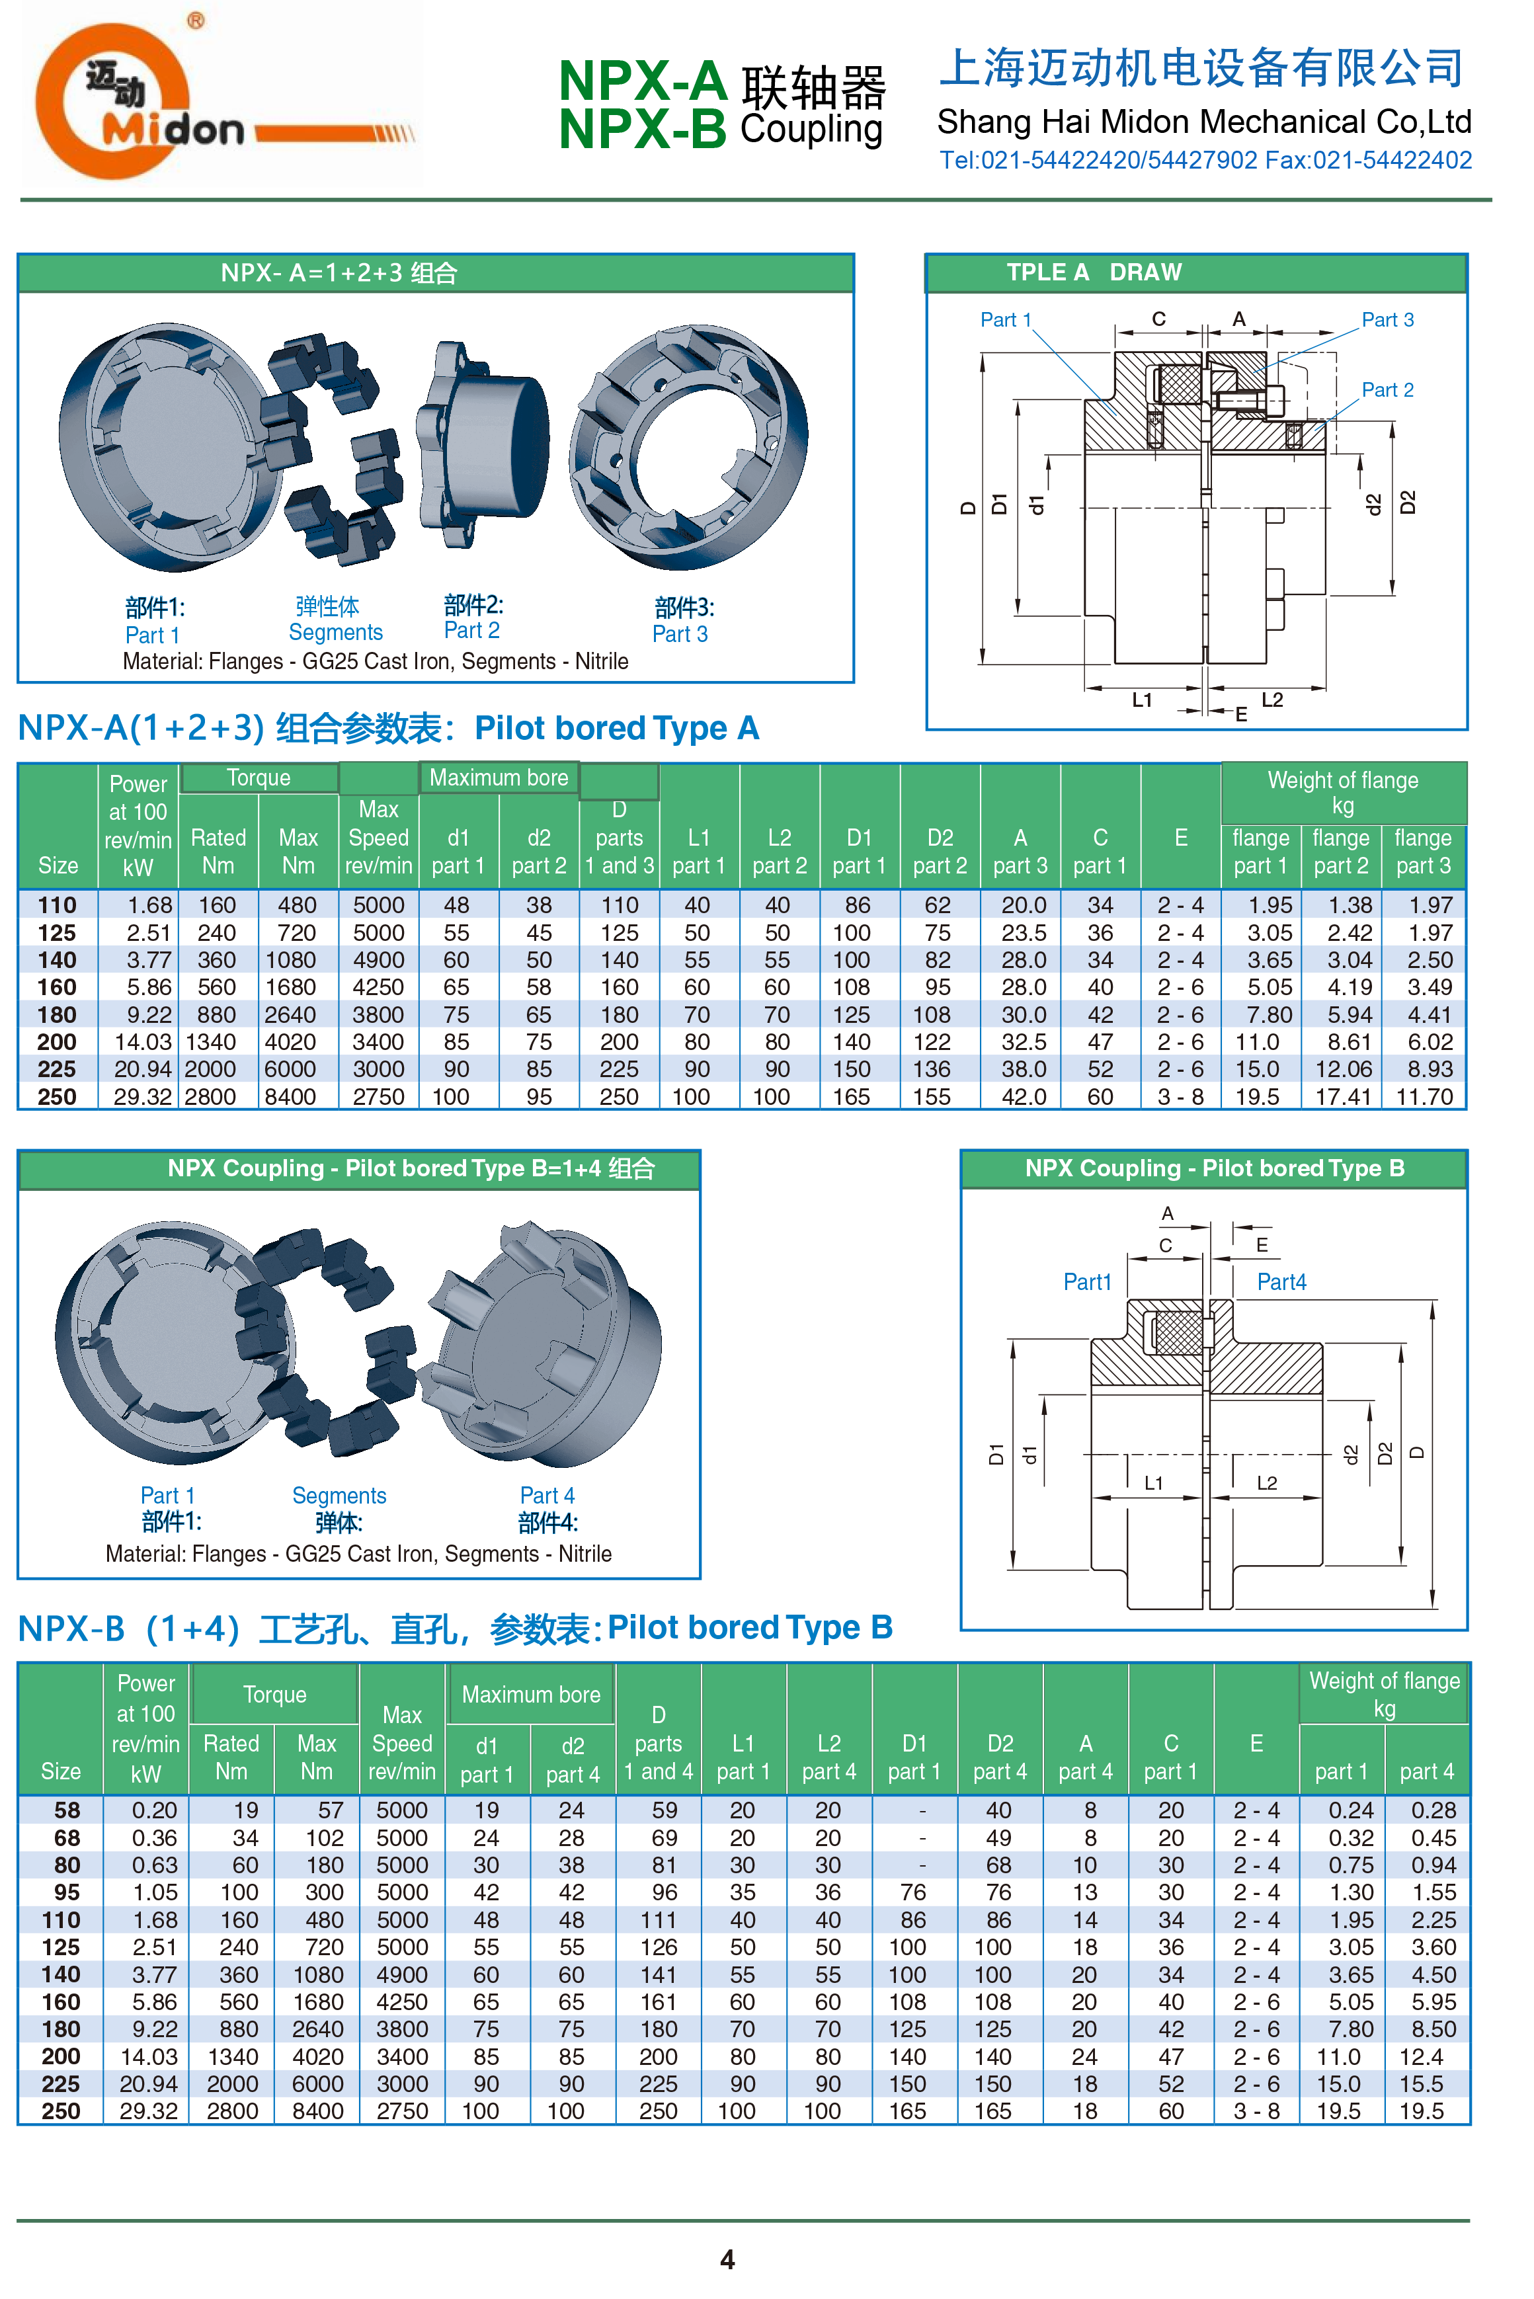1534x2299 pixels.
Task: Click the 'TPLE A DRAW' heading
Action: point(1094,273)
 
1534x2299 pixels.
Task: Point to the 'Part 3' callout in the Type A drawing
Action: point(1387,320)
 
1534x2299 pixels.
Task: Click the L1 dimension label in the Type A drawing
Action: point(1142,700)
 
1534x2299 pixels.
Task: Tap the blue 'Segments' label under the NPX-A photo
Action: point(336,632)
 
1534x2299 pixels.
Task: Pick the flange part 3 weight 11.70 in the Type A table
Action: point(1424,1097)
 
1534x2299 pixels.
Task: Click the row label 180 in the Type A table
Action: point(57,1014)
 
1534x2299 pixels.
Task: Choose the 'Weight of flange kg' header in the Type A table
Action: point(1342,792)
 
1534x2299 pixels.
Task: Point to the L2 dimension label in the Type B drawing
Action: point(1266,1483)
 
